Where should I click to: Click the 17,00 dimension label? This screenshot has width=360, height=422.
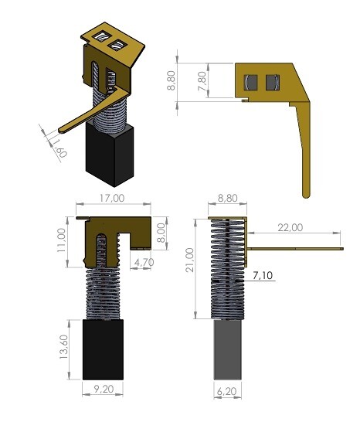[x=112, y=199]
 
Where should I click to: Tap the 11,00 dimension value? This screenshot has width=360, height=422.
[x=61, y=240]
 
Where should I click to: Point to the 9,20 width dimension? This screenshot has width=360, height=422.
[x=104, y=390]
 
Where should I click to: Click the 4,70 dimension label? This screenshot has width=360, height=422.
[x=144, y=262]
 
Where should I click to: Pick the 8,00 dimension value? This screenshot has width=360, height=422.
[x=161, y=233]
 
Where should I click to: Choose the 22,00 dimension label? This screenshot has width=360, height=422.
[x=290, y=228]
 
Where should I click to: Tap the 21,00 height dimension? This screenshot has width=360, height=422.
[x=190, y=260]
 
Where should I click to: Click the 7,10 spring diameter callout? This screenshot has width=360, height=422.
[x=263, y=275]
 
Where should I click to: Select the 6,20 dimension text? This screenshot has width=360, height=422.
[x=227, y=392]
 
